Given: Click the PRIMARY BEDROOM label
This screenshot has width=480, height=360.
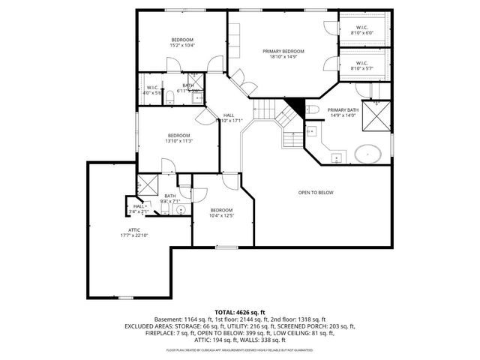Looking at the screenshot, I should pos(282,51).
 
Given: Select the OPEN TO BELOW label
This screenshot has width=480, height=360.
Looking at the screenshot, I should pos(316,193).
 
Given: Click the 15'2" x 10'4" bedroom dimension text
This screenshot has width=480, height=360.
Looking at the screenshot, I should pos(182,46).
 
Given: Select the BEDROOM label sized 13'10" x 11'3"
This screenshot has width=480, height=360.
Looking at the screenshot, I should pos(178,135).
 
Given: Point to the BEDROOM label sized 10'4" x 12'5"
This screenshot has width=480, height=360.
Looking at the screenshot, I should pos(221,210).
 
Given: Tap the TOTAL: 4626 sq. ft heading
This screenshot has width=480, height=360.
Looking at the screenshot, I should pos(240,312).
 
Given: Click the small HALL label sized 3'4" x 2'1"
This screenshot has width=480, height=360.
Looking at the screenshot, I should pos(139,206).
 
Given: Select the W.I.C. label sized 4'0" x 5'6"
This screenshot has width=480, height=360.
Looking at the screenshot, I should pos(152,88).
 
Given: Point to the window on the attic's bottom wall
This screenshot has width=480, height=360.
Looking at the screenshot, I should pos(126,298).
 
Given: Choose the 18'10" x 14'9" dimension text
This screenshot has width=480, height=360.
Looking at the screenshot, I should pos(282,57).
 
